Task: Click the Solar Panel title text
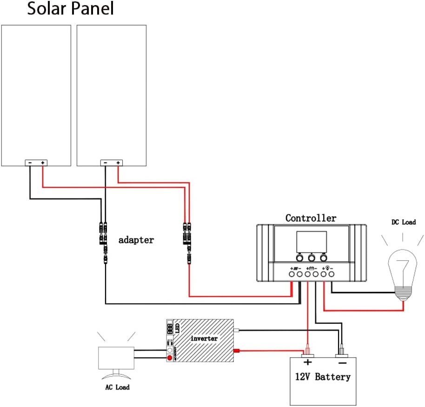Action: pyautogui.click(x=70, y=9)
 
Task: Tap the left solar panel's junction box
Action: pyautogui.click(x=36, y=163)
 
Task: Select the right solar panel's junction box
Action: pyautogui.click(x=112, y=163)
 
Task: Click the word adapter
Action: pyautogui.click(x=136, y=240)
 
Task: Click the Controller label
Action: pyautogui.click(x=311, y=218)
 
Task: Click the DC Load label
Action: pyautogui.click(x=403, y=223)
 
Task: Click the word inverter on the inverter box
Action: pyautogui.click(x=204, y=339)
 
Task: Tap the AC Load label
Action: pyautogui.click(x=116, y=387)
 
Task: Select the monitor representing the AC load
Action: pyautogui.click(x=116, y=359)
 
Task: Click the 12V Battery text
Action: pyautogui.click(x=322, y=377)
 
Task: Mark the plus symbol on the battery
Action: pyautogui.click(x=307, y=362)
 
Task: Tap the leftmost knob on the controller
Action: pyautogui.click(x=299, y=257)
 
